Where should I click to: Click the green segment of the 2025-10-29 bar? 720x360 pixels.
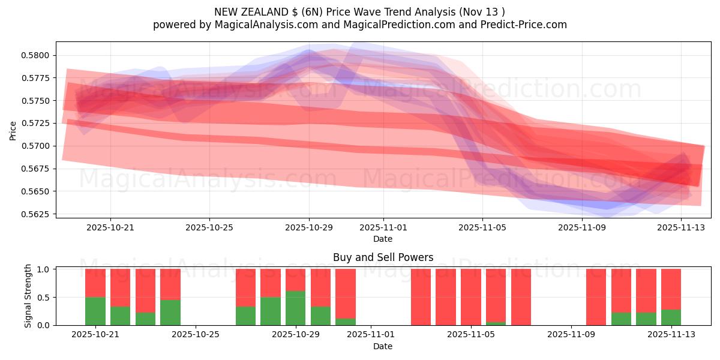click(295, 308)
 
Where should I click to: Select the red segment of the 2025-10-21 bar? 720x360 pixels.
click(95, 283)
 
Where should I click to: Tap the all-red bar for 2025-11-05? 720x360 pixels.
click(471, 297)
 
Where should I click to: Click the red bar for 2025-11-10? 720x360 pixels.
click(596, 297)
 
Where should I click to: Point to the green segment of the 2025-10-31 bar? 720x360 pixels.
click(346, 322)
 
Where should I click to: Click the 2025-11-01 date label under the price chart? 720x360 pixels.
click(383, 228)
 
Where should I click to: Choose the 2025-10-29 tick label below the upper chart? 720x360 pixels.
click(309, 228)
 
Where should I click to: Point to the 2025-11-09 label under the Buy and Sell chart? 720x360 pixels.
click(570, 335)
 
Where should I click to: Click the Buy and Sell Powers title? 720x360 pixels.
click(383, 258)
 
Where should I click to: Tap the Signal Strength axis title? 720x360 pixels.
click(28, 297)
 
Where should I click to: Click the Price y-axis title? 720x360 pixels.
click(13, 131)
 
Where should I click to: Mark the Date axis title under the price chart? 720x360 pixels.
click(383, 239)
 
